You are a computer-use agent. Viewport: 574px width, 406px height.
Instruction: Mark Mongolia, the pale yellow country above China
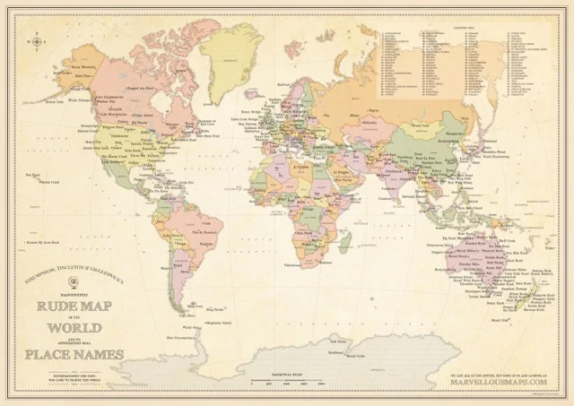422,125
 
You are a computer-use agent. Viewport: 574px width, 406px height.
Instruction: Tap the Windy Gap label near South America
186,316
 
